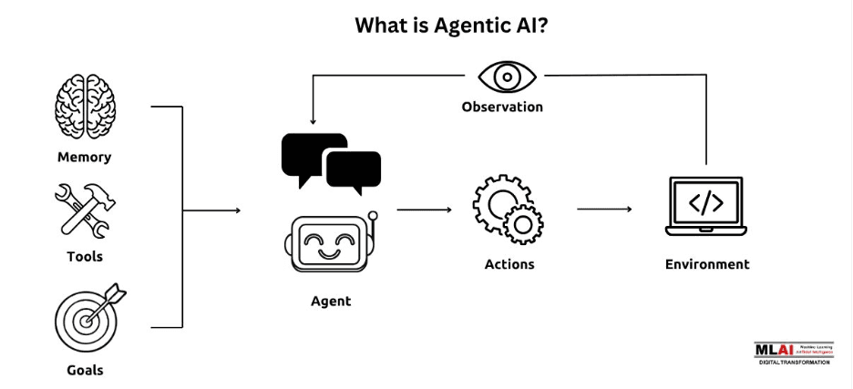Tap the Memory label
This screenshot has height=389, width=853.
point(84,157)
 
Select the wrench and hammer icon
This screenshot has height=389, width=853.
point(84,210)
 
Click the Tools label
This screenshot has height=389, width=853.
point(85,257)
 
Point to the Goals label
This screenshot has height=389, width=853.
point(85,370)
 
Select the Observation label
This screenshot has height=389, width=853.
point(502,107)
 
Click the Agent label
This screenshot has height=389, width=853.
point(331,302)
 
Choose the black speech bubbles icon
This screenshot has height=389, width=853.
point(331,165)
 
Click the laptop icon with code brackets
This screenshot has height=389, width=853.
point(706,209)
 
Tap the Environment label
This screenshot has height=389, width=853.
point(707,264)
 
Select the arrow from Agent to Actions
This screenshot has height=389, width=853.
point(424,210)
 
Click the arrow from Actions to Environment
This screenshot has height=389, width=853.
point(604,210)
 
